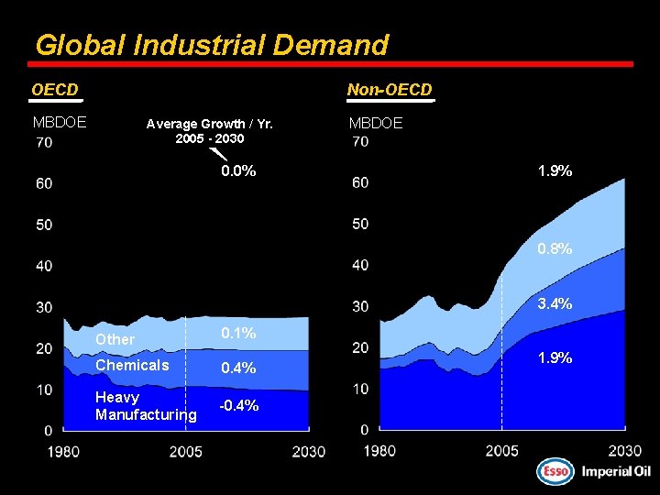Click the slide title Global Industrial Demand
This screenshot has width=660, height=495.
[211, 44]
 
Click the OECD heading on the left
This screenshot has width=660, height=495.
[55, 90]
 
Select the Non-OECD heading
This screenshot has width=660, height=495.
[389, 90]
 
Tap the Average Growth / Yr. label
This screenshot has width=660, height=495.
[209, 124]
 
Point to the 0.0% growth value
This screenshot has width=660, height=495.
[238, 171]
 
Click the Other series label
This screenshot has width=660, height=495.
[115, 339]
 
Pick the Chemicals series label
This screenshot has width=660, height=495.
[132, 366]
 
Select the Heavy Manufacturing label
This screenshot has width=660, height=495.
[145, 406]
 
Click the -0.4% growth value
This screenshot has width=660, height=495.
[238, 406]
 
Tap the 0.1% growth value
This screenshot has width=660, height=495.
[238, 333]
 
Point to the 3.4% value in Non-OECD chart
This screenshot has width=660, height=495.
[555, 303]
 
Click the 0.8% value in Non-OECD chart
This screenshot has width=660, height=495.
[555, 248]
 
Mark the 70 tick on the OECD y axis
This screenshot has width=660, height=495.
[44, 142]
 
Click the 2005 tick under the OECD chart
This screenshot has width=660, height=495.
[186, 451]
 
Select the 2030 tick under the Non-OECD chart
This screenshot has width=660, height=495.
[624, 450]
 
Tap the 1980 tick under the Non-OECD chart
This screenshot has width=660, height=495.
[379, 450]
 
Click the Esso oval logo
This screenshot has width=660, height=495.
[554, 471]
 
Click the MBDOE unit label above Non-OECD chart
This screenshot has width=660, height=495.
[375, 123]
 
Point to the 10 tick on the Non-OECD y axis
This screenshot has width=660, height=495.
[360, 389]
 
